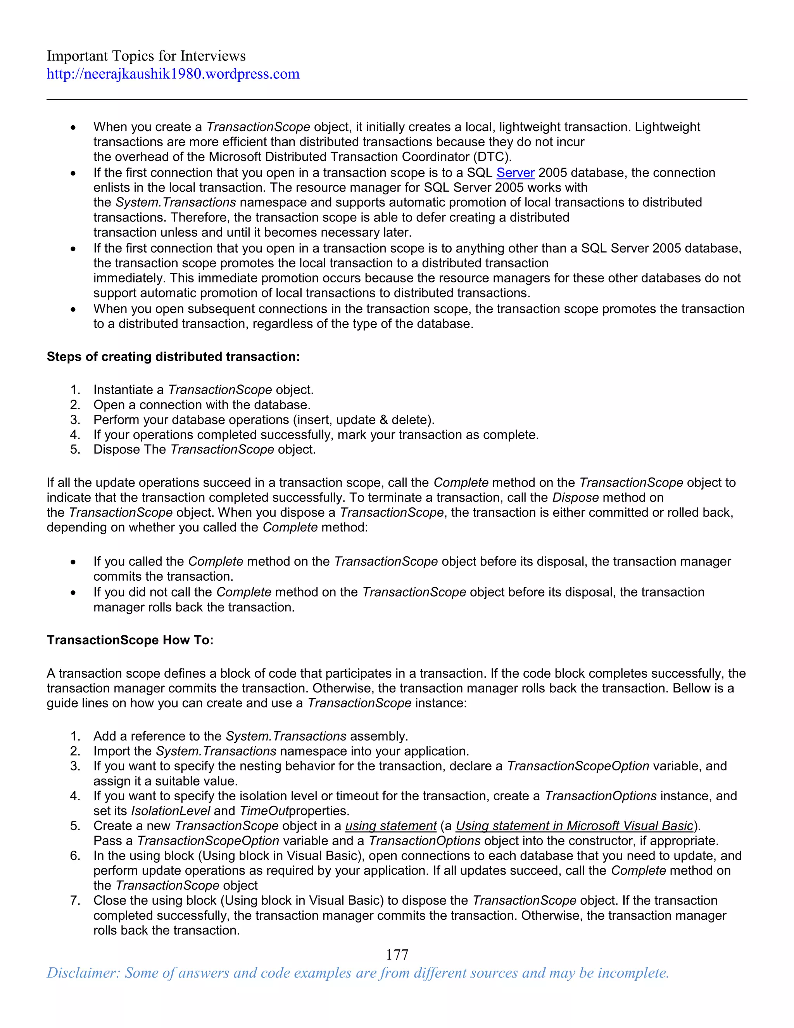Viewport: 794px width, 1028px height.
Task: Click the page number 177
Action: [397, 955]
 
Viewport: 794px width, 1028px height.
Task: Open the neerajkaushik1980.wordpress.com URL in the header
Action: [173, 74]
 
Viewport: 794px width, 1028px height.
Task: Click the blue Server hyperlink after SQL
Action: [515, 173]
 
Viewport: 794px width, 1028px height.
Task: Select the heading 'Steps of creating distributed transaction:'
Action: [173, 357]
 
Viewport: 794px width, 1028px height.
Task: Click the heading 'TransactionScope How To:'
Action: [130, 640]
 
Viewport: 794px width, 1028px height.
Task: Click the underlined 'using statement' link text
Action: [391, 826]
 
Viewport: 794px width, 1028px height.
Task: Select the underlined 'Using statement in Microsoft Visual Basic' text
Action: [574, 826]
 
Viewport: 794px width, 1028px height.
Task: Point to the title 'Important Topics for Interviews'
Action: [146, 56]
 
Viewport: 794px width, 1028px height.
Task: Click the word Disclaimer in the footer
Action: [83, 973]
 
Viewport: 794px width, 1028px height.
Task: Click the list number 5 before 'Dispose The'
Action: [75, 450]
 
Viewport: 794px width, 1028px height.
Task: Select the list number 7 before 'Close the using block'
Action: [75, 900]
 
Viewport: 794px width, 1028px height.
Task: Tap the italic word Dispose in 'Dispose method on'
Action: [575, 498]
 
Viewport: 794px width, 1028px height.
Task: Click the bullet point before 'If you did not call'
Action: [73, 593]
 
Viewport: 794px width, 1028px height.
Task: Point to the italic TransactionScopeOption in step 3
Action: [578, 766]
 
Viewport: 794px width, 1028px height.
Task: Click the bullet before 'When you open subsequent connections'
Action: [73, 309]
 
